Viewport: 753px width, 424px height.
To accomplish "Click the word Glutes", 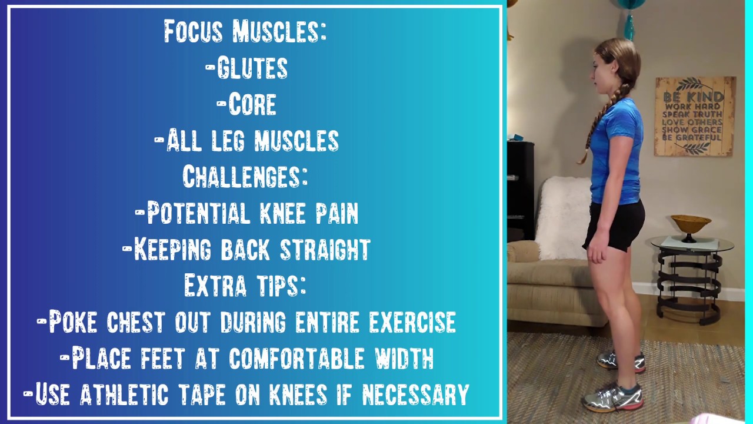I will pos(252,68).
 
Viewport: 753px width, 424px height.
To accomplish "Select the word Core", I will pos(252,105).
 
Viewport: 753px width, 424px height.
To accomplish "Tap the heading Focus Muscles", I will pos(245,31).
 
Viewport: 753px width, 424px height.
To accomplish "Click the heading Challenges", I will pos(245,176).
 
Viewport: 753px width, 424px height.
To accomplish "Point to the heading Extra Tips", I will pos(245,285).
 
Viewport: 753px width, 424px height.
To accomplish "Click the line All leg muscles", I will pos(246,141).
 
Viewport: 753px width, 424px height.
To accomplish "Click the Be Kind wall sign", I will pos(695,116).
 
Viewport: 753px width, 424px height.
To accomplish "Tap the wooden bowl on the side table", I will pos(691,224).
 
